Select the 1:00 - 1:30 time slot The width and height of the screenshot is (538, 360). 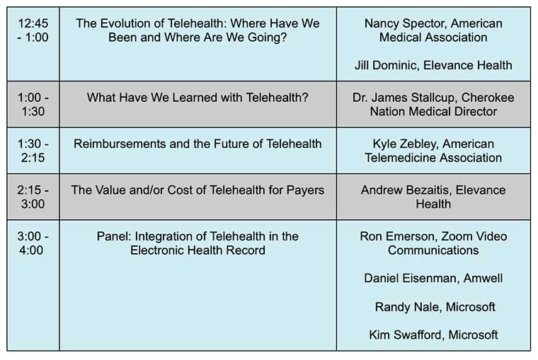click(x=33, y=105)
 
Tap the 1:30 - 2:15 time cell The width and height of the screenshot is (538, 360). click(x=33, y=151)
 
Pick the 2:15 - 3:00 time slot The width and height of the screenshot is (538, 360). click(x=33, y=197)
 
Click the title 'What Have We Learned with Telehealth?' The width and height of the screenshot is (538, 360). click(x=198, y=98)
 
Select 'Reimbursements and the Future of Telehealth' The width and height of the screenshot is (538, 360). click(x=198, y=144)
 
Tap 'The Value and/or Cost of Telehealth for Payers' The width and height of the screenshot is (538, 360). click(x=198, y=190)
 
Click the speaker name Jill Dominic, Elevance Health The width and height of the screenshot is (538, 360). click(x=433, y=65)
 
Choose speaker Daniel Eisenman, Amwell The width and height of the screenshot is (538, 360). click(x=433, y=278)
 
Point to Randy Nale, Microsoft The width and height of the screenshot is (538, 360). click(x=435, y=307)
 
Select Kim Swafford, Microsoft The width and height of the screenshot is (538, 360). click(x=433, y=335)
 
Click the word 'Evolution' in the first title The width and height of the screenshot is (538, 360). click(x=130, y=23)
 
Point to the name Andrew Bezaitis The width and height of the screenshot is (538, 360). click(x=405, y=190)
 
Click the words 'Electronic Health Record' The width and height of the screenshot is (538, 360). click(x=198, y=250)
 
